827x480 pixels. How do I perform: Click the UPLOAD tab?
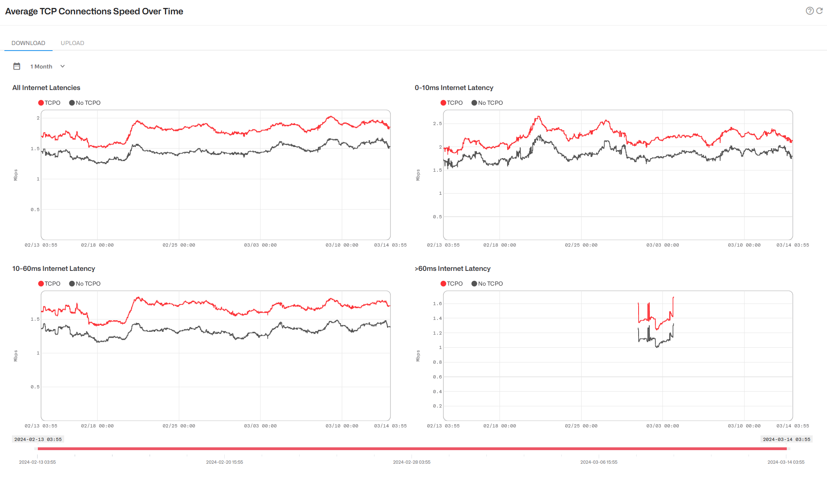point(72,43)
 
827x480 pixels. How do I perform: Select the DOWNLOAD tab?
point(28,43)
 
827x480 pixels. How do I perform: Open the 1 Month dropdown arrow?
point(63,67)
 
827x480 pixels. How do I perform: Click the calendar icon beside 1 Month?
point(17,67)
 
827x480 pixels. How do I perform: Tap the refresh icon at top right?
point(819,11)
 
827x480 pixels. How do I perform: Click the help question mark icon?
point(809,11)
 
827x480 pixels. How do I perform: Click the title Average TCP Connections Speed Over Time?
point(94,12)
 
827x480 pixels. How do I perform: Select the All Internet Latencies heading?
point(46,88)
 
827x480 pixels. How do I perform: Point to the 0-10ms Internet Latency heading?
point(454,88)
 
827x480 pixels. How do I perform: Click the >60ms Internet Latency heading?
point(453,268)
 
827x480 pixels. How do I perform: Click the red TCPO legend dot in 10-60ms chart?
point(41,284)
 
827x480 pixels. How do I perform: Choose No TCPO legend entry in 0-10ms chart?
point(487,103)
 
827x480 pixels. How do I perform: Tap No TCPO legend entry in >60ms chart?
point(487,284)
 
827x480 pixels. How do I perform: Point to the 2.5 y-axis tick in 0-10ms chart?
point(437,123)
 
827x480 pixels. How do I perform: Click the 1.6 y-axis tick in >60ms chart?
point(437,304)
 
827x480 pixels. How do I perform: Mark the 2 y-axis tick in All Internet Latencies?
point(38,118)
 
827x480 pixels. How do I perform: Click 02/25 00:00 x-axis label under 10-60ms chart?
point(179,426)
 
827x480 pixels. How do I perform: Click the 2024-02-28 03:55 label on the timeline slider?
point(412,462)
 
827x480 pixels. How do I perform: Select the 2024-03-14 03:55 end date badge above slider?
point(786,439)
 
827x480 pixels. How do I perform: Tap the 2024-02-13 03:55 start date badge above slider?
point(38,439)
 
